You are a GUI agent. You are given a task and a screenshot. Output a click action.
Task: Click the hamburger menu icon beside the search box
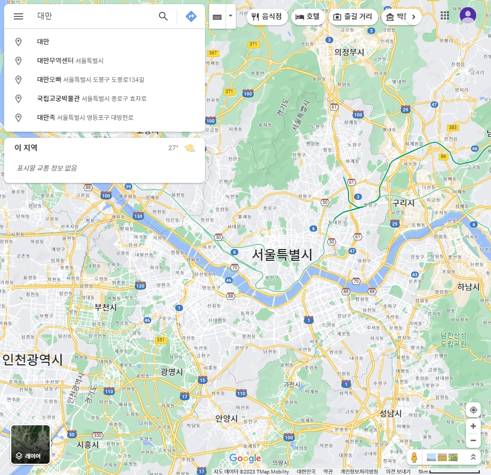(x=18, y=16)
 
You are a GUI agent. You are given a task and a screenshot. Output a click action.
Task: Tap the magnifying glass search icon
(x=163, y=16)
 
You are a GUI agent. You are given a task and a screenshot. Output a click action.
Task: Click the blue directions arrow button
(x=191, y=16)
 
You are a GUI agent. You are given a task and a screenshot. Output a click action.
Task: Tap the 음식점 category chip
(x=267, y=17)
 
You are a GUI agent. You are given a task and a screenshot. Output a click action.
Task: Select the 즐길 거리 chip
(x=353, y=17)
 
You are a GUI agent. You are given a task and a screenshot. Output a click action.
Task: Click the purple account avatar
(x=467, y=15)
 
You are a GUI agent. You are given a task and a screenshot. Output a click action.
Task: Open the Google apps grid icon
(x=445, y=15)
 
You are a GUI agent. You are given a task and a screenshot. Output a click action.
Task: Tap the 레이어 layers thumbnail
(x=31, y=444)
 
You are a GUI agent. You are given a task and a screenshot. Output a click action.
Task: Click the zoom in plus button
(x=473, y=426)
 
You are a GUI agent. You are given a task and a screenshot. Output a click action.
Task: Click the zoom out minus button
(x=473, y=441)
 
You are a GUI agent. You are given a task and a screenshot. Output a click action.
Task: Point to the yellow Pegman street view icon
(x=414, y=458)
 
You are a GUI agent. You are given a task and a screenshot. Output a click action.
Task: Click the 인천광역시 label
(x=32, y=360)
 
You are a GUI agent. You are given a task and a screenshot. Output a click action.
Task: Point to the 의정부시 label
(x=349, y=52)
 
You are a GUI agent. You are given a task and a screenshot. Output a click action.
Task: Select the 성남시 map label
(x=391, y=414)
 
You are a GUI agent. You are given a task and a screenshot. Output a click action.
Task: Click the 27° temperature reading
(x=173, y=148)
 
